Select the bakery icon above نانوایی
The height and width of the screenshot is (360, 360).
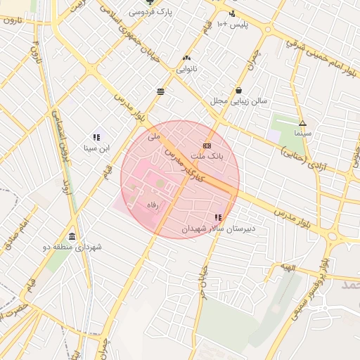pos(186,57)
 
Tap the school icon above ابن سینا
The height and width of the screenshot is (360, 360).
pos(96,137)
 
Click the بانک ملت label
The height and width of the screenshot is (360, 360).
pos(207,157)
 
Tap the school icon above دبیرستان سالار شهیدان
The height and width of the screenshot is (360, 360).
pos(218,217)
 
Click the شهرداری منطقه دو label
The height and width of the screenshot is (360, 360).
pos(73,247)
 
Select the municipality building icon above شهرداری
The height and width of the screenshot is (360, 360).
pos(73,236)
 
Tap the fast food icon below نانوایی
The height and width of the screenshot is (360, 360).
pos(161,91)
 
